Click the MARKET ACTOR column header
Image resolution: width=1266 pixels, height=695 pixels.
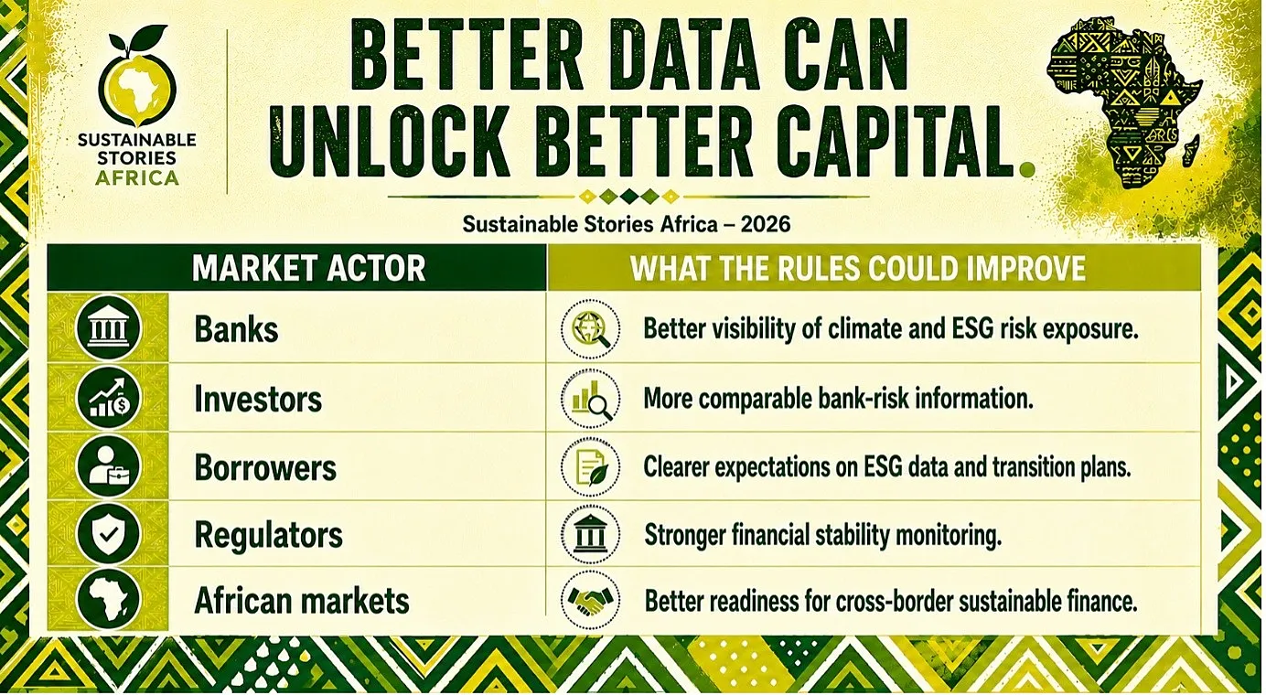pos(308,268)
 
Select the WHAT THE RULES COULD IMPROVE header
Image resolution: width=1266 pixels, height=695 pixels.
pos(857,268)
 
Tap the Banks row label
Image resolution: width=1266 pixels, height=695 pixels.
pos(236,329)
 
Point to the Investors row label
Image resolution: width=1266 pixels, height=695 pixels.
pos(258,399)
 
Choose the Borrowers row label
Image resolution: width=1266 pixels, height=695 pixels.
pos(265,468)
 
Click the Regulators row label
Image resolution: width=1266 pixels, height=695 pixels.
pos(268,535)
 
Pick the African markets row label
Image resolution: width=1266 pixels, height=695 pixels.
pos(302,600)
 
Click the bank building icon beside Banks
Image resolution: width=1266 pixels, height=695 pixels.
pos(108,328)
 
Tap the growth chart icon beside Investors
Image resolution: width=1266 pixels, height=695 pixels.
pos(108,398)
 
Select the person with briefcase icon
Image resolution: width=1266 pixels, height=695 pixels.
pos(108,466)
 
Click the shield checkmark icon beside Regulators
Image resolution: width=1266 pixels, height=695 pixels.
pos(108,533)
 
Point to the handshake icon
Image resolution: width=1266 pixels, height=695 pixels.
pos(590,600)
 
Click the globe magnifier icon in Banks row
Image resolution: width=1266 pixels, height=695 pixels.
pos(590,329)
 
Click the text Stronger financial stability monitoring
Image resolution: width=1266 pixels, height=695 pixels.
pos(823,535)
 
